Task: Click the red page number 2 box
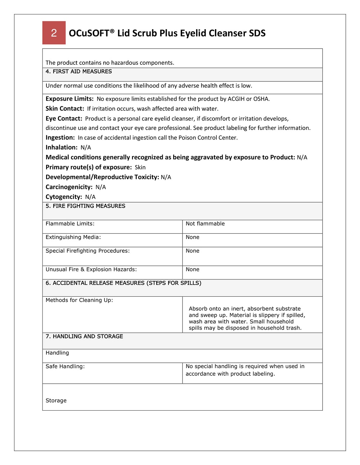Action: [54, 33]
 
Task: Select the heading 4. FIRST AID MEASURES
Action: [78, 72]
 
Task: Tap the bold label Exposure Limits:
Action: [69, 99]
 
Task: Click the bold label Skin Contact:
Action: [65, 109]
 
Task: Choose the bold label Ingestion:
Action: [60, 137]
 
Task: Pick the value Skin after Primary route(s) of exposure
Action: [140, 167]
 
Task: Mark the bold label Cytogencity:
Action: [64, 197]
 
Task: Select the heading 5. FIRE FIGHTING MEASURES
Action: [85, 206]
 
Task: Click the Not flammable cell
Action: [205, 224]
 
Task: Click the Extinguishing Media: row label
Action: [73, 237]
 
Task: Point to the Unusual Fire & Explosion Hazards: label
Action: [91, 269]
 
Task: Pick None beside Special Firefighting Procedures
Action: [193, 251]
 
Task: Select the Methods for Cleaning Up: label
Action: [79, 300]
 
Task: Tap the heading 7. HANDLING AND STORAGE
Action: [84, 337]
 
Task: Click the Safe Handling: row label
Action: [65, 366]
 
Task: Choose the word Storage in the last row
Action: [56, 401]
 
